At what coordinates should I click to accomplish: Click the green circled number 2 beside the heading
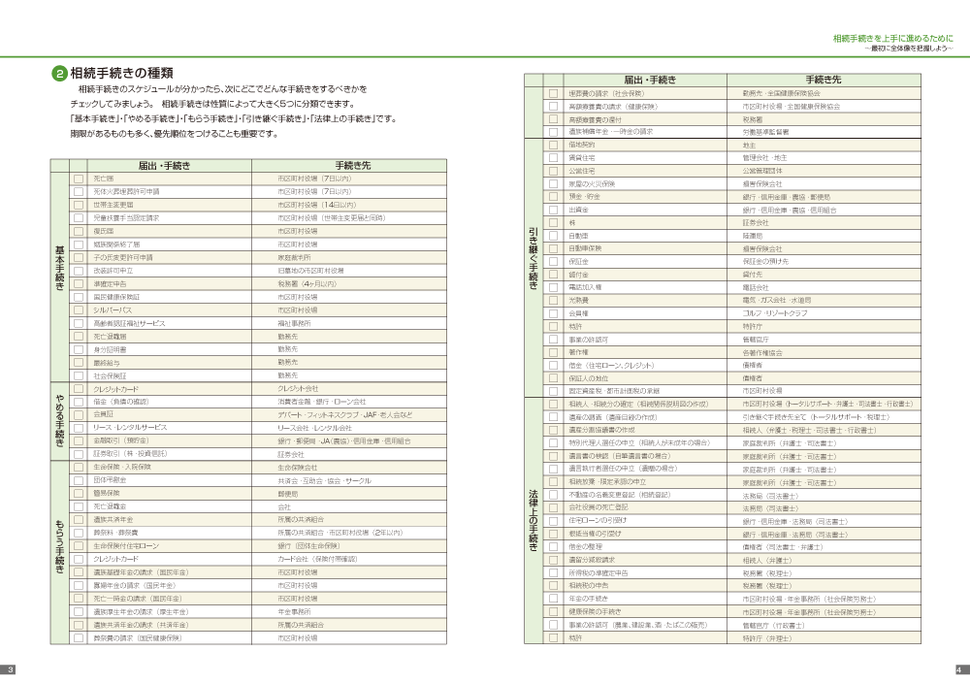tap(59, 73)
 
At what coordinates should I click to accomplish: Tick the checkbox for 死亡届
tap(79, 179)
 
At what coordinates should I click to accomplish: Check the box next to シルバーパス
tap(79, 309)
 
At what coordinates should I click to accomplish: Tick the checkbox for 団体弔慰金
tap(79, 480)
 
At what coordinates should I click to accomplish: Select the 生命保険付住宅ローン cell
tap(127, 545)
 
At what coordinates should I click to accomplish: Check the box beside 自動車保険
tap(553, 248)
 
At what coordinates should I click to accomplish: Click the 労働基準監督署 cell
tap(765, 131)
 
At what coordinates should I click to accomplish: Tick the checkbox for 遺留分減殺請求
tap(553, 560)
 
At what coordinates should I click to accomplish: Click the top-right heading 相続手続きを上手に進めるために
tap(892, 38)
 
